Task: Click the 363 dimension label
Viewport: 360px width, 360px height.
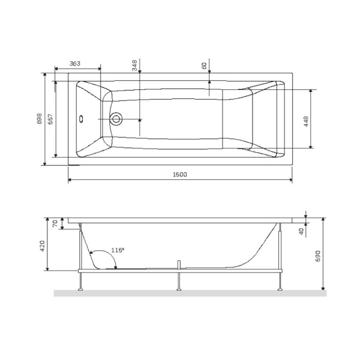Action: click(x=75, y=63)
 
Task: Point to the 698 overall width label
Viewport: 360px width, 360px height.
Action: click(x=39, y=119)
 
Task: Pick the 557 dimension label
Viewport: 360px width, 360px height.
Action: click(x=52, y=119)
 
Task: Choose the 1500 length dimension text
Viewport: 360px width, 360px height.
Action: click(x=179, y=175)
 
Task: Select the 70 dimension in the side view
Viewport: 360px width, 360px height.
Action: click(x=55, y=223)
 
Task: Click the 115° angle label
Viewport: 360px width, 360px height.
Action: click(x=118, y=250)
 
